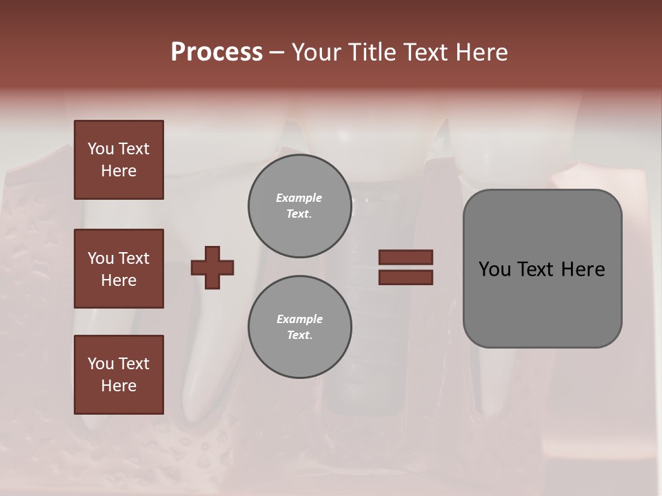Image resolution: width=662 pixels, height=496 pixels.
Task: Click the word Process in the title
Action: pyautogui.click(x=217, y=52)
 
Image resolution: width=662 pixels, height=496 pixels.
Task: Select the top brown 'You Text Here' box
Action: pyautogui.click(x=119, y=160)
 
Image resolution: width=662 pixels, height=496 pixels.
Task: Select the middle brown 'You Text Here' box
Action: pyautogui.click(x=119, y=269)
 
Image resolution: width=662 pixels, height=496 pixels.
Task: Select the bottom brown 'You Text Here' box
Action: pyautogui.click(x=119, y=374)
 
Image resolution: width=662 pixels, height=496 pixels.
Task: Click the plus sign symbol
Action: pyautogui.click(x=212, y=267)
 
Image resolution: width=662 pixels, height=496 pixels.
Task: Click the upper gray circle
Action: pyautogui.click(x=300, y=206)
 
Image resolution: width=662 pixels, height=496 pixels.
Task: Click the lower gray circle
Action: pyautogui.click(x=300, y=327)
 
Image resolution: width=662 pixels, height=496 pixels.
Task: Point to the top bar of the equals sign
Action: pyautogui.click(x=405, y=258)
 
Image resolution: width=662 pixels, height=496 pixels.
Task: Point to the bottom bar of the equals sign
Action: pyautogui.click(x=405, y=277)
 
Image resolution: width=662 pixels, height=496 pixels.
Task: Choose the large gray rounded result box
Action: pyautogui.click(x=542, y=269)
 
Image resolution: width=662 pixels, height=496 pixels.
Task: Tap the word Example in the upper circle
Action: pyautogui.click(x=299, y=198)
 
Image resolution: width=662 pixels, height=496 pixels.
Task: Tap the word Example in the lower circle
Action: pyautogui.click(x=299, y=319)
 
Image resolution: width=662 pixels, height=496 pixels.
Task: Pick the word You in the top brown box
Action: pyautogui.click(x=100, y=149)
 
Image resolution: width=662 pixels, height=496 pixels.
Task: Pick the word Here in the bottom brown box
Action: pyautogui.click(x=119, y=386)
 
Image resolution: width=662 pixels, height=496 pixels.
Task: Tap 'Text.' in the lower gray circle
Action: pyautogui.click(x=299, y=335)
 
